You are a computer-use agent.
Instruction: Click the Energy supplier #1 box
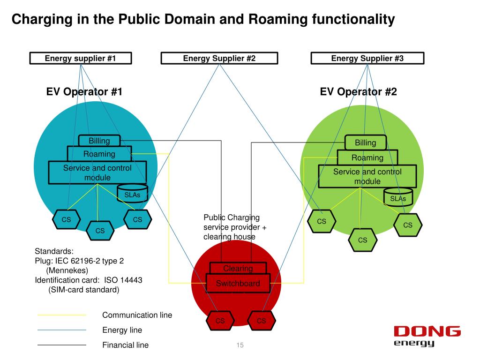(x=80, y=59)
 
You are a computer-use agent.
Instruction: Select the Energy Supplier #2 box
(x=219, y=59)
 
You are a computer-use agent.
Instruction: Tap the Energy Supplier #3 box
(x=367, y=59)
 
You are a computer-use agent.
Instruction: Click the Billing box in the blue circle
(x=99, y=141)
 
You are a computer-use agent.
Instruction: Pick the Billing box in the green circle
(x=365, y=142)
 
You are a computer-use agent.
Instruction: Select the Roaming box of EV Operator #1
(x=99, y=154)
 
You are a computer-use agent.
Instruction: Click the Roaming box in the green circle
(x=367, y=157)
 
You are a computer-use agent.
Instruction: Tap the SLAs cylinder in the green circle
(x=398, y=198)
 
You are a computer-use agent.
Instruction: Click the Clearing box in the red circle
(x=238, y=269)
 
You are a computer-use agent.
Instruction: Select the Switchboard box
(x=238, y=284)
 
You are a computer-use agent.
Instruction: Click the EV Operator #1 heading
(x=84, y=92)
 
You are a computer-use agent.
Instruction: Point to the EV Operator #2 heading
(x=358, y=92)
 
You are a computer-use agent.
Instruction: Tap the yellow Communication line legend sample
(x=62, y=315)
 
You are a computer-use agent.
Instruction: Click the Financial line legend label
(x=125, y=345)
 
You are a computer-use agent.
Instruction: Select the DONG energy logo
(x=427, y=336)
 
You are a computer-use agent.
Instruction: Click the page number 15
(x=240, y=346)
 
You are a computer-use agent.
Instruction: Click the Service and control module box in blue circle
(x=97, y=172)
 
